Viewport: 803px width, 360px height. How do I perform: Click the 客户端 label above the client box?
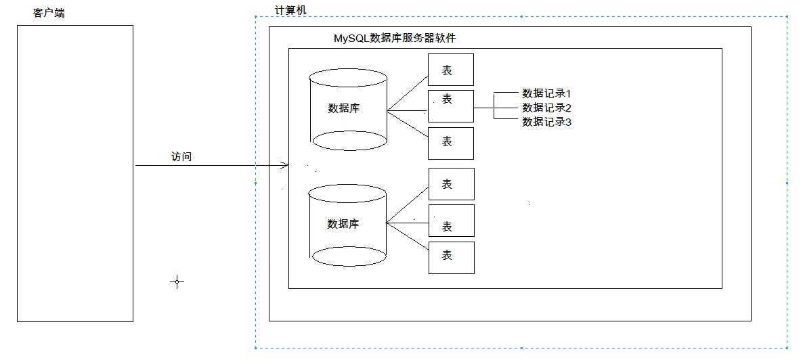tap(49, 13)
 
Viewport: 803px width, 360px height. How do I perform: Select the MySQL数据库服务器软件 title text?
tap(395, 38)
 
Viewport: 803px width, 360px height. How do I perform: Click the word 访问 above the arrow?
tap(181, 156)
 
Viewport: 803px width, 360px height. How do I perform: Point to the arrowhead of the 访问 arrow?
tap(286, 165)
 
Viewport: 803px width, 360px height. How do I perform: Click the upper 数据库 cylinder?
tap(348, 108)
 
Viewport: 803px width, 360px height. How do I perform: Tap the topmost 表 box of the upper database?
tap(450, 70)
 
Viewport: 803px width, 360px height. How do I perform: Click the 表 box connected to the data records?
tap(450, 106)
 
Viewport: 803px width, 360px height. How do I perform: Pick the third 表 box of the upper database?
tap(450, 142)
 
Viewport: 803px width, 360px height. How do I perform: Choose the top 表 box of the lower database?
tap(451, 184)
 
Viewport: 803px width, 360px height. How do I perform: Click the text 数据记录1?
tap(547, 93)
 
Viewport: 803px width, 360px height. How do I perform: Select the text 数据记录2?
tap(547, 108)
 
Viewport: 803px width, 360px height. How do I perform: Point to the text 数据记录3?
tap(547, 122)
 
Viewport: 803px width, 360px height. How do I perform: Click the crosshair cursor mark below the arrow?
tap(177, 282)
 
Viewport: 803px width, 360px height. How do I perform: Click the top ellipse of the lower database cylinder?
tap(348, 193)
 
